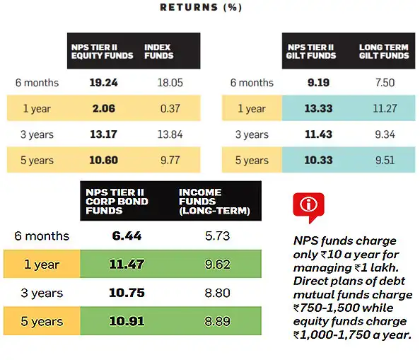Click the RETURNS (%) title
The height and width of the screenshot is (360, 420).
[202, 8]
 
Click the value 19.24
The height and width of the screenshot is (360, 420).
[103, 83]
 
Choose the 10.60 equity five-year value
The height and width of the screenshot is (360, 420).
[103, 160]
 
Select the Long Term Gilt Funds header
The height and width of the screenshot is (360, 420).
[384, 52]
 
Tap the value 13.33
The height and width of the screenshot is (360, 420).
[318, 108]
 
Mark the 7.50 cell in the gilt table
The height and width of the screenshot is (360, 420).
[385, 83]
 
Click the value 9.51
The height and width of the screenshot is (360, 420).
[385, 160]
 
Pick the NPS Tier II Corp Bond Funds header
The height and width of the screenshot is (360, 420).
[117, 202]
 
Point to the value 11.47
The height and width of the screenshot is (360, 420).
[127, 265]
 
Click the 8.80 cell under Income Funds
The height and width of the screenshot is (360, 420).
[217, 293]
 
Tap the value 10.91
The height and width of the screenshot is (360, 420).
[127, 322]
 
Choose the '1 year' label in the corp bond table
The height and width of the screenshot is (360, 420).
[42, 265]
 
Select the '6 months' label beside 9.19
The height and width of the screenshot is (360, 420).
[252, 83]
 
